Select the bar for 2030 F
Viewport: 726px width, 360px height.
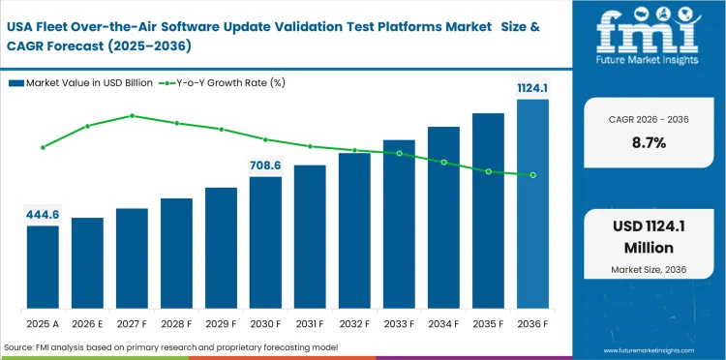coord(265,243)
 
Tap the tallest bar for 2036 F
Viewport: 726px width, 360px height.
coord(532,204)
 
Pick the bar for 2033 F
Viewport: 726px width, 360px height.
coord(399,225)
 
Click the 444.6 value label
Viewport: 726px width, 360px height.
coord(43,214)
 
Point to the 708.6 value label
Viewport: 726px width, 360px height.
coord(265,165)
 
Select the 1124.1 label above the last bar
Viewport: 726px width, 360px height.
coord(532,88)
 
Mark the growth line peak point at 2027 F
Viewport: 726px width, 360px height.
coord(132,115)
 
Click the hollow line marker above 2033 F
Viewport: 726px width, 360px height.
coord(399,153)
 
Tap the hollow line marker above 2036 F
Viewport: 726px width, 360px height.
coord(532,175)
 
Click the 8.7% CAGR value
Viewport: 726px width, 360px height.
coord(648,142)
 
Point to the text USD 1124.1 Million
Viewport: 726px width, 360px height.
coord(648,236)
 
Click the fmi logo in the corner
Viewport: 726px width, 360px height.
coord(648,37)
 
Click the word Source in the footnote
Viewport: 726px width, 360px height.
coord(19,347)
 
